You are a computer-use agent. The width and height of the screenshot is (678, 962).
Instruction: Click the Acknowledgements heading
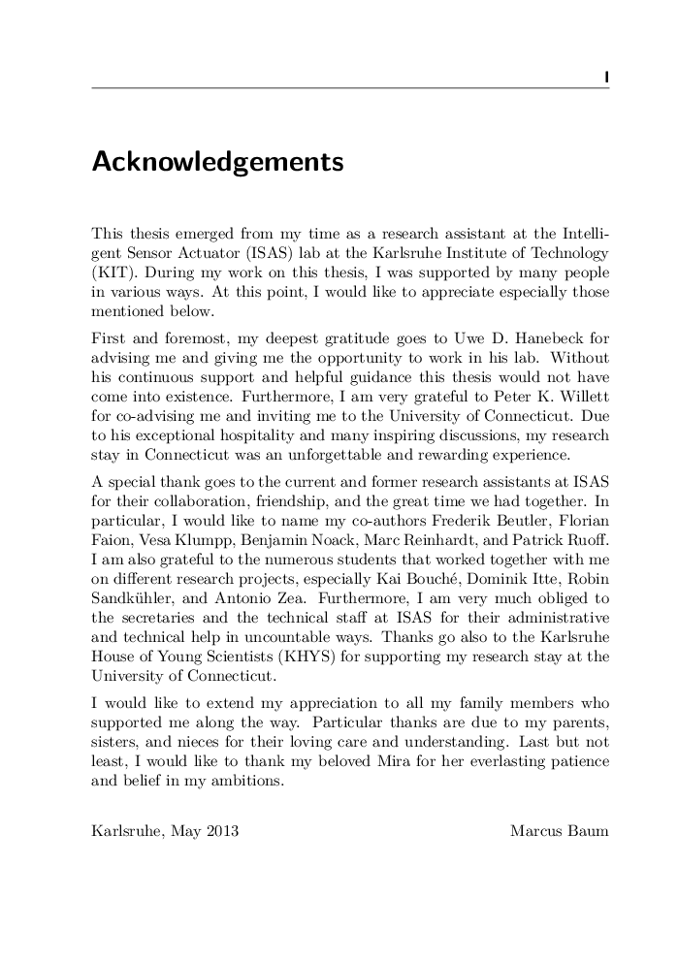217,163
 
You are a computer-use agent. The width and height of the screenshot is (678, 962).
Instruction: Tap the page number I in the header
605,76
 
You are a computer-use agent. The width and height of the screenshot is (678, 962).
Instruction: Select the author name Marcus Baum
559,831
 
